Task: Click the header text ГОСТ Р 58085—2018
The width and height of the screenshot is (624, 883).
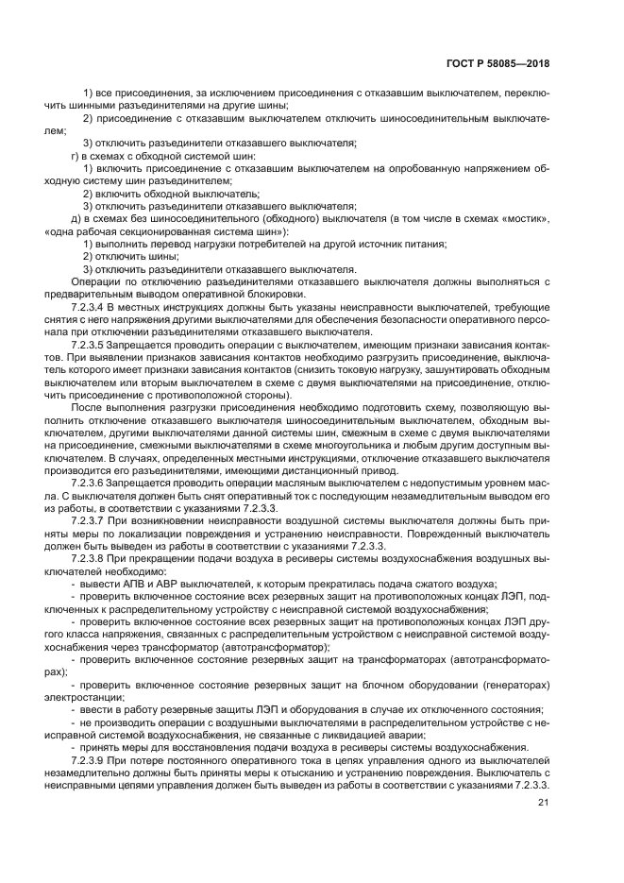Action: pos(502,64)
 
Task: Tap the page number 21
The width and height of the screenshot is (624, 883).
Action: pos(543,803)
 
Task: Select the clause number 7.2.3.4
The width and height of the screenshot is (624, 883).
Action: pos(93,309)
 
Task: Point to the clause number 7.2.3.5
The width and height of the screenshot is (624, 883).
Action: pos(93,346)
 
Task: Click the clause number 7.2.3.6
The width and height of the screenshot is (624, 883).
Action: pos(93,482)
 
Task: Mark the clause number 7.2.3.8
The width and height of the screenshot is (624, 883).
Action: pos(93,559)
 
